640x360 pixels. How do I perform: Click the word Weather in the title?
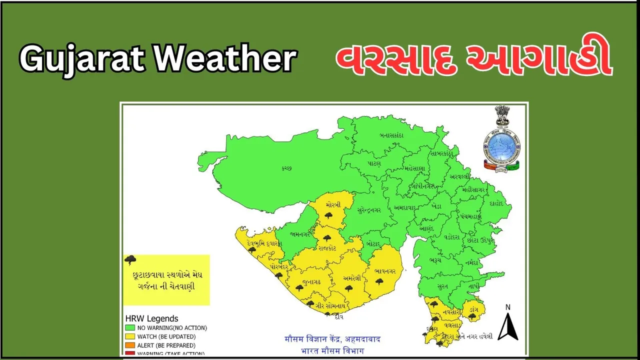[x=225, y=59]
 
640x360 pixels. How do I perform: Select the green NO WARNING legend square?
[x=129, y=328]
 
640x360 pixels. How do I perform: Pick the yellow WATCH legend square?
[x=129, y=336]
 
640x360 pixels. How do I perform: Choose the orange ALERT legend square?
[x=129, y=345]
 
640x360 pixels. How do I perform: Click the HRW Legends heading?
[x=151, y=318]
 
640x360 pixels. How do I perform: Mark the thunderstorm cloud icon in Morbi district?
[x=328, y=215]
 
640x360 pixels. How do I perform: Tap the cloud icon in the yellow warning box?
[x=130, y=259]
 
